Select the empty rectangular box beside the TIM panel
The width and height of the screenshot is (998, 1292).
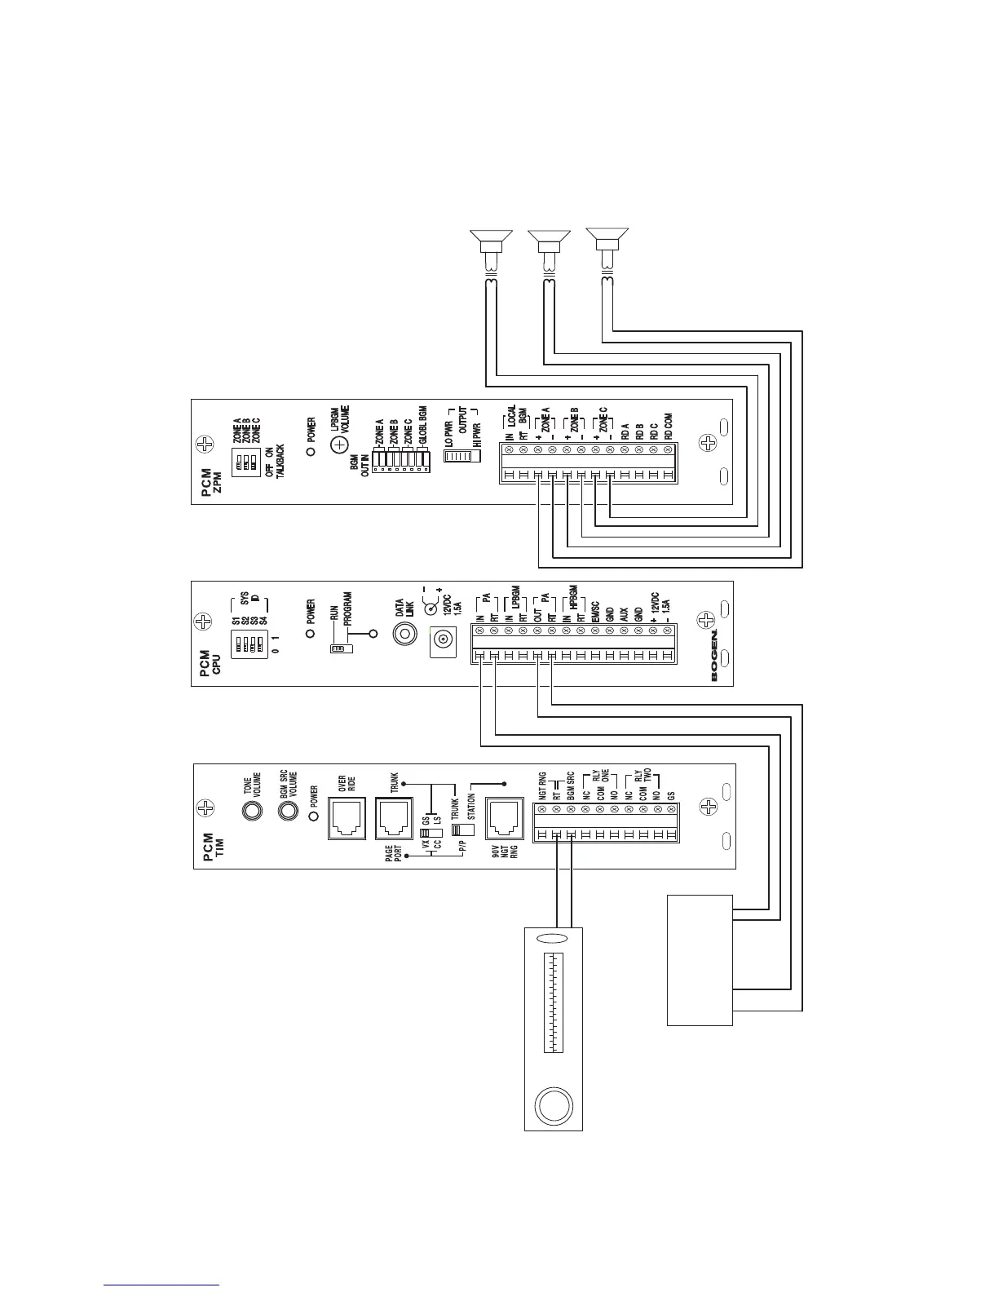click(700, 959)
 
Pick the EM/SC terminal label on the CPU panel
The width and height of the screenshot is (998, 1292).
click(596, 610)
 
